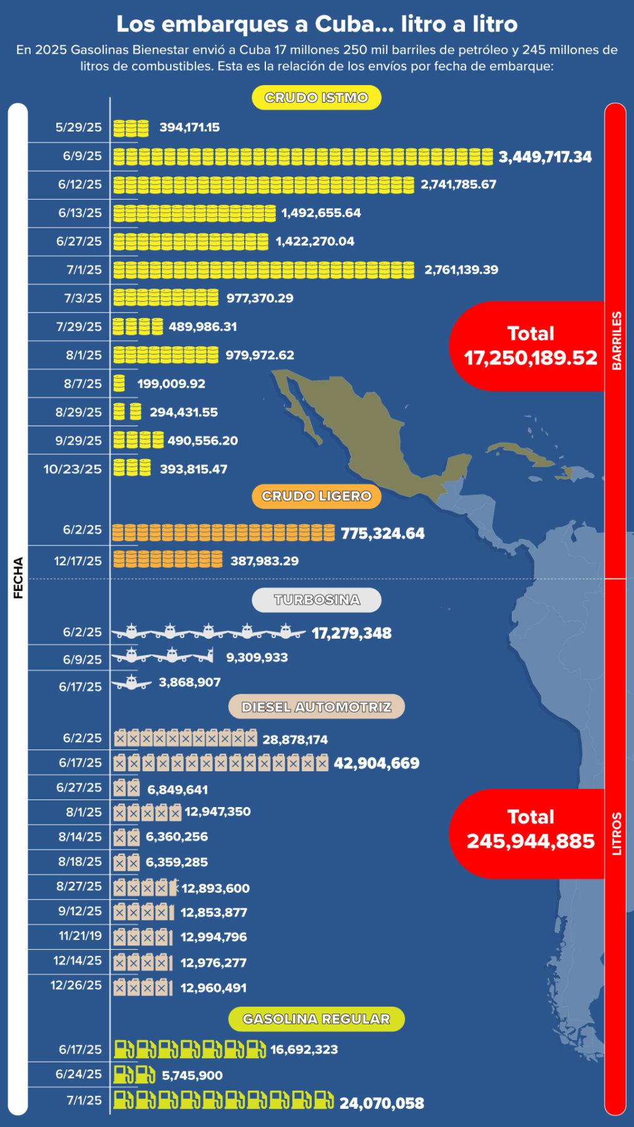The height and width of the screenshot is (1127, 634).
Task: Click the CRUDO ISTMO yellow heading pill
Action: (316, 98)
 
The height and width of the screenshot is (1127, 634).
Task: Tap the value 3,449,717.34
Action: (545, 157)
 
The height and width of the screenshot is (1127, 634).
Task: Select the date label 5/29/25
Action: (78, 127)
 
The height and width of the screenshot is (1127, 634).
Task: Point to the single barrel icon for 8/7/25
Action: (119, 383)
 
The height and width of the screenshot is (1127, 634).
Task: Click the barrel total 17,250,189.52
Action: (530, 358)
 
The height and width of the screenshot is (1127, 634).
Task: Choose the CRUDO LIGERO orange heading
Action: (316, 496)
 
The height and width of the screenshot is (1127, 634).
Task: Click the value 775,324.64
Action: (382, 533)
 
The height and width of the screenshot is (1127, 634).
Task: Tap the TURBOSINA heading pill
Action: (316, 600)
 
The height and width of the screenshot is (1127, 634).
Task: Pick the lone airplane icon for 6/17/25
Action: (131, 682)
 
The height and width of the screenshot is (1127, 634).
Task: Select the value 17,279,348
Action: (351, 633)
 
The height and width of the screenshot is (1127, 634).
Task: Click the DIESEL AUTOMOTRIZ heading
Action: (316, 707)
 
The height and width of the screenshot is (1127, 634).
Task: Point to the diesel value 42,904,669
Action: (376, 763)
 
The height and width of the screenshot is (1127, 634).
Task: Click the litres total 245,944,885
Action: (530, 841)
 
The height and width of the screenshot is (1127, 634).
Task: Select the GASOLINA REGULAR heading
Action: (316, 1019)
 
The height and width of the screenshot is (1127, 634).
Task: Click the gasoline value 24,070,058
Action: (381, 1103)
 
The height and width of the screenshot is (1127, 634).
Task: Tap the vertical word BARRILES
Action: (616, 341)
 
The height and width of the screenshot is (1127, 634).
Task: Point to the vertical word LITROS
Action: (616, 833)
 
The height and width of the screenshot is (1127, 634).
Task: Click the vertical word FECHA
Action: (18, 577)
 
